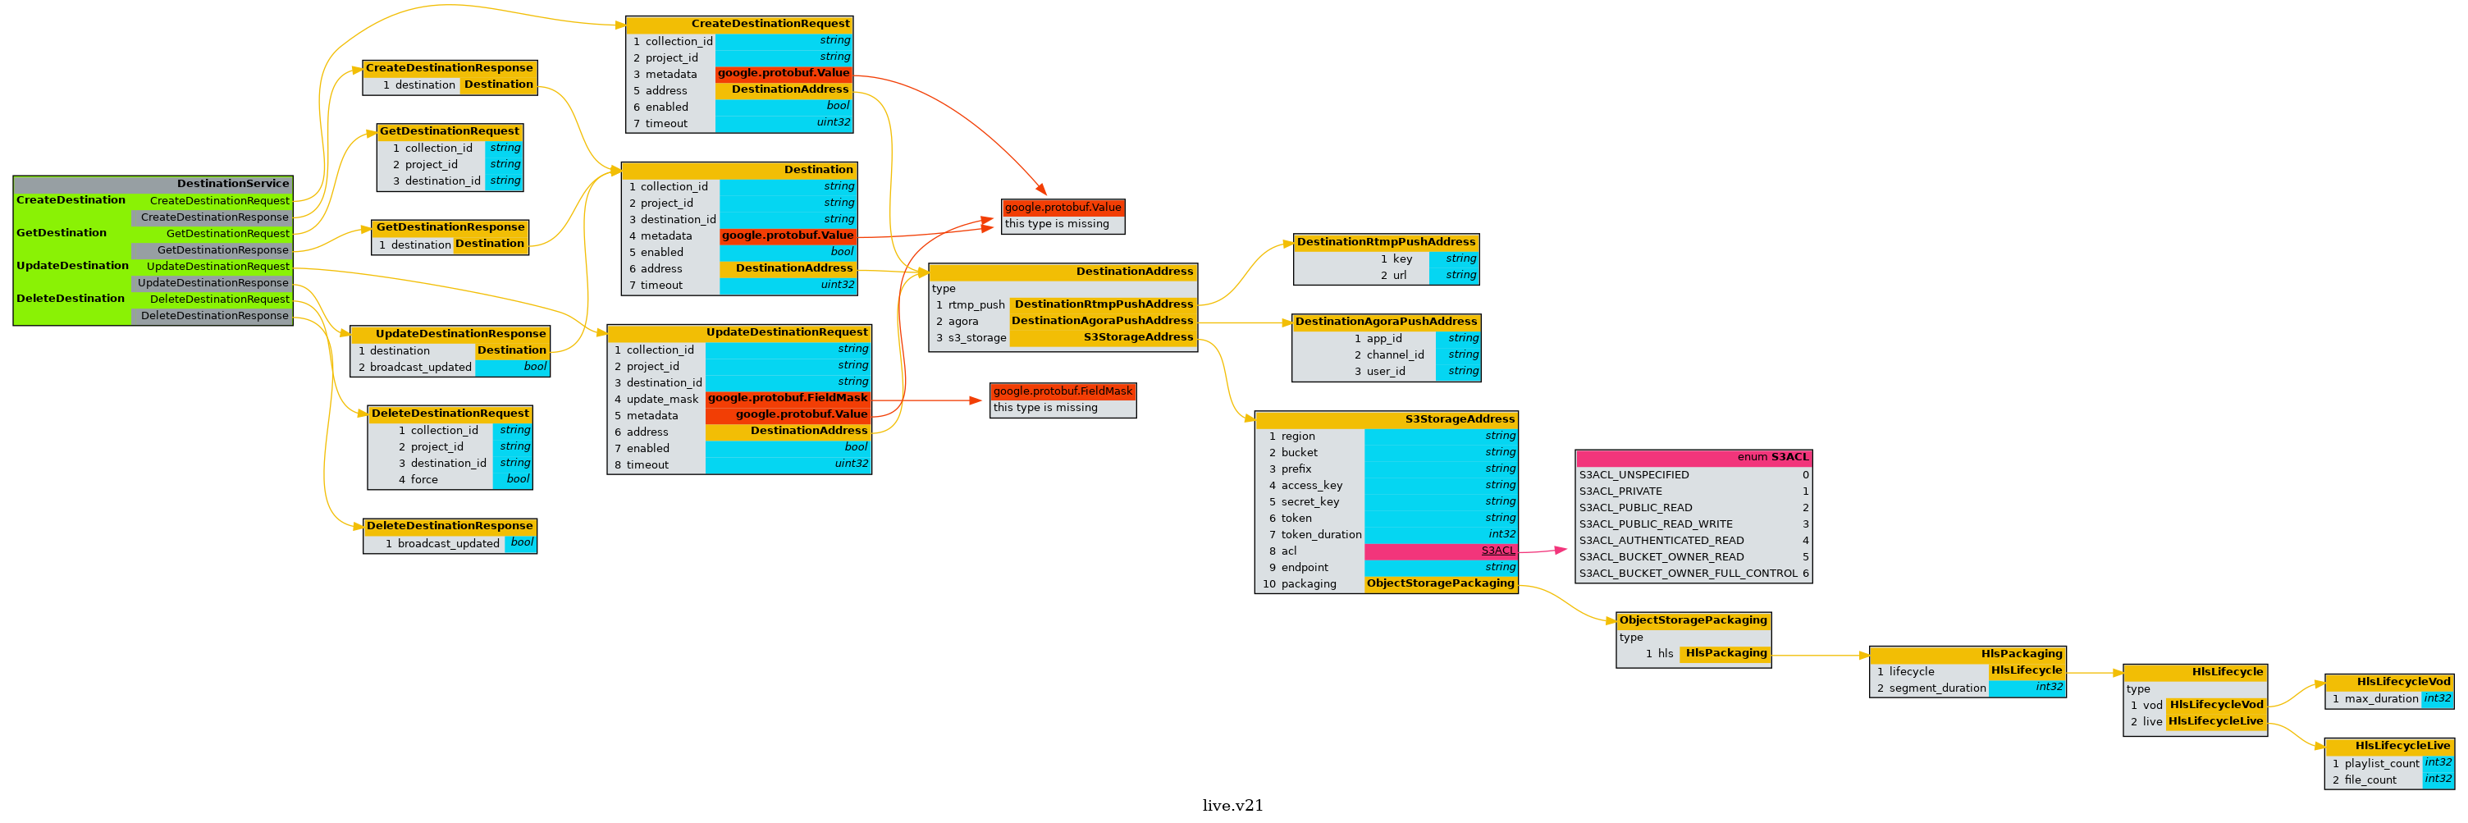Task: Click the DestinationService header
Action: [x=153, y=183]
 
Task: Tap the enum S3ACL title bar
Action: [x=1693, y=457]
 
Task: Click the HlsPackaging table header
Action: [x=1967, y=653]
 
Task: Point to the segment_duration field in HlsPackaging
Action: [x=1937, y=688]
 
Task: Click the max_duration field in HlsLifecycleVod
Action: [x=2381, y=698]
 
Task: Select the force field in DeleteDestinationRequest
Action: [x=424, y=479]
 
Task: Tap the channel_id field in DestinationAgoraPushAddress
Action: [x=1395, y=354]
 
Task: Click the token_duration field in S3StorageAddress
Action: [x=1320, y=535]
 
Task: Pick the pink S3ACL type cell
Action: [x=1440, y=551]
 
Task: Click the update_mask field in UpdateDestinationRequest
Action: [x=662, y=399]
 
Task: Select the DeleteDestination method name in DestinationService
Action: [x=71, y=298]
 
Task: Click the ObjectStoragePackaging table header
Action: [x=1693, y=620]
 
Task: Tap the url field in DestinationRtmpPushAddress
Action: [x=1399, y=275]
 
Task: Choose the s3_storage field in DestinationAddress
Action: [x=976, y=337]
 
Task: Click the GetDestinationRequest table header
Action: [x=450, y=131]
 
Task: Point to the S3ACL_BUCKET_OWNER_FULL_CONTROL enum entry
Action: [x=1688, y=573]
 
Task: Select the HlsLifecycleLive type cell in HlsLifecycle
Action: [x=2215, y=721]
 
